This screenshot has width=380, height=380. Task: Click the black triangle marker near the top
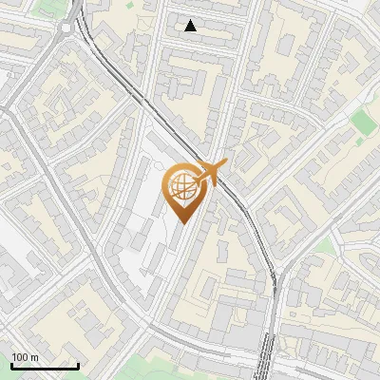[x=191, y=26]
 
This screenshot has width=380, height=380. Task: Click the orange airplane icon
[x=210, y=172]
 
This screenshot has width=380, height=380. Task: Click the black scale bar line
[x=45, y=366]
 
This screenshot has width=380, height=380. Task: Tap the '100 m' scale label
[x=26, y=357]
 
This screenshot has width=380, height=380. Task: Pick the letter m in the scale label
[x=36, y=357]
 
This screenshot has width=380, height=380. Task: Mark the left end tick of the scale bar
[x=11, y=364]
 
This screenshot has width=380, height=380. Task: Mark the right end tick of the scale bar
[x=78, y=364]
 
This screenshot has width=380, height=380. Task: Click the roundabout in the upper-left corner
[x=67, y=28]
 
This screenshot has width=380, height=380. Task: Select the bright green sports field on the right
[x=363, y=122]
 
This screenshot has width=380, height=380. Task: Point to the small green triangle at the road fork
[x=324, y=244]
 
